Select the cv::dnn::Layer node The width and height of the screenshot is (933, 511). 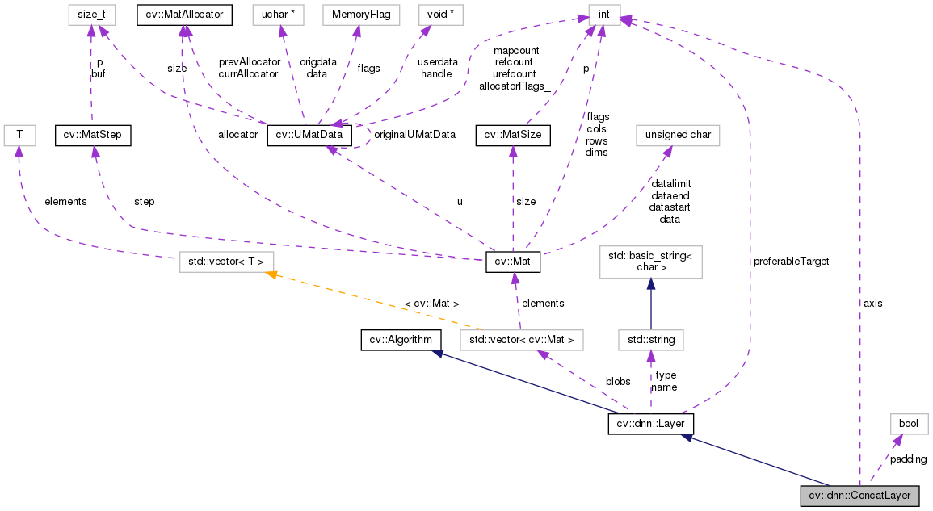(650, 424)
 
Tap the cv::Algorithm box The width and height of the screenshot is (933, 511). (400, 340)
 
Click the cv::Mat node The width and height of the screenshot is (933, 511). (512, 262)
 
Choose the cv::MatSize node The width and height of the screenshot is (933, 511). (512, 135)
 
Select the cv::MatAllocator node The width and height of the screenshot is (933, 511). (184, 15)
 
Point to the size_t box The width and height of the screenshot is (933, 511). (90, 15)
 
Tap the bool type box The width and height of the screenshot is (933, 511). (909, 424)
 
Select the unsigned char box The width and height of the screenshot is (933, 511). (678, 135)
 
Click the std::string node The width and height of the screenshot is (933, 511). (650, 340)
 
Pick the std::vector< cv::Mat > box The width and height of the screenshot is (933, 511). (520, 340)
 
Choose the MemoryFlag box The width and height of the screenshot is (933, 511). (356, 15)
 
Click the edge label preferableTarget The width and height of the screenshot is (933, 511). (791, 262)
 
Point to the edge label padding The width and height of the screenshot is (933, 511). (908, 459)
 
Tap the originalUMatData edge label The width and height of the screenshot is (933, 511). (414, 135)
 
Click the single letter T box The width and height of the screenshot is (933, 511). (18, 135)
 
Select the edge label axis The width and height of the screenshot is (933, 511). (872, 303)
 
